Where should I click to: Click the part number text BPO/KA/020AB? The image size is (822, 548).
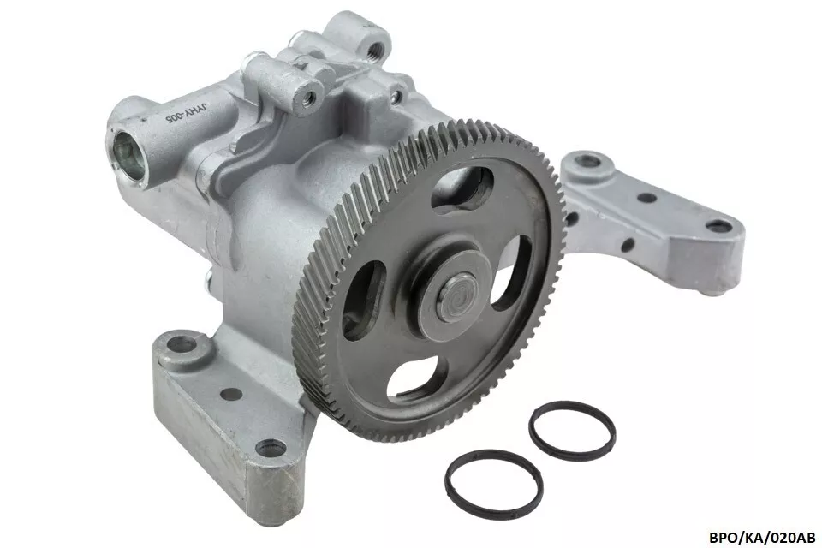[x=762, y=537]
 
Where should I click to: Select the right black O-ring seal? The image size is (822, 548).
[x=572, y=431]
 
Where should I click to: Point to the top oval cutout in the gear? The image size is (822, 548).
[x=462, y=188]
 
